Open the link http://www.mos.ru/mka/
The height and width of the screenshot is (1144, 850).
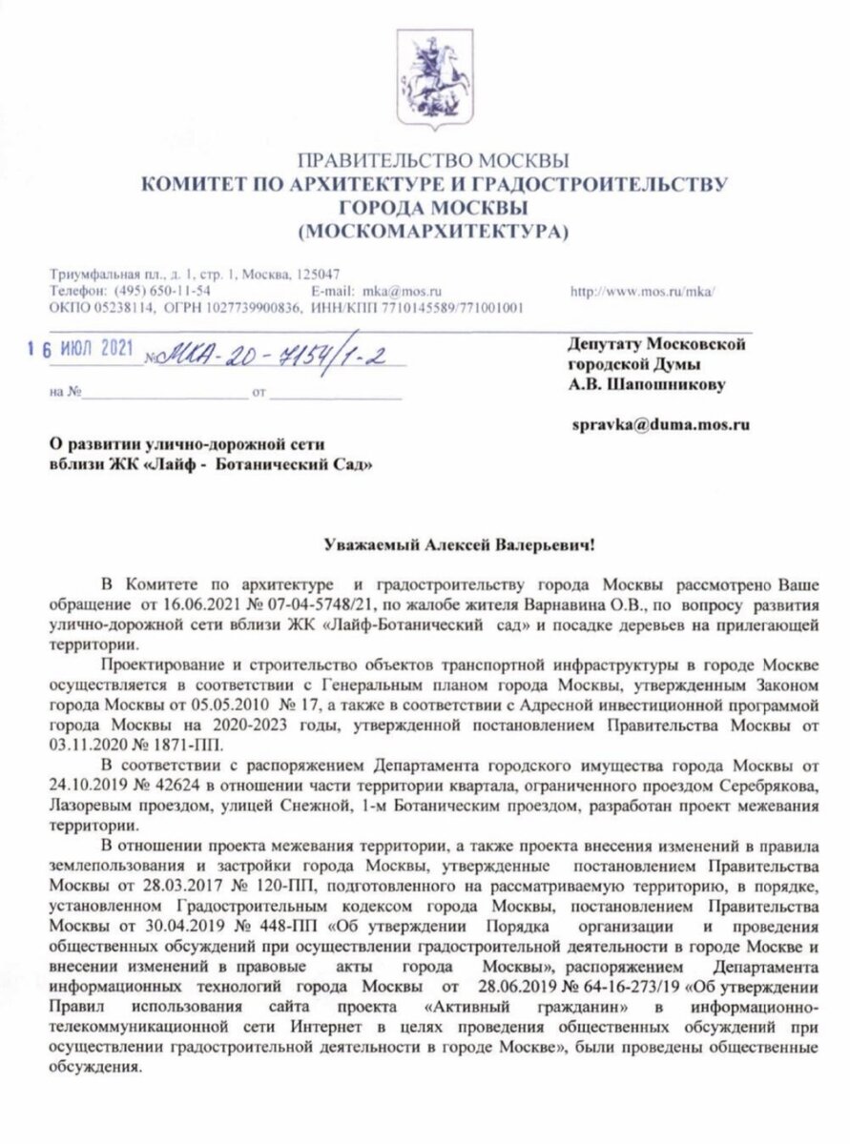pyautogui.click(x=641, y=289)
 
